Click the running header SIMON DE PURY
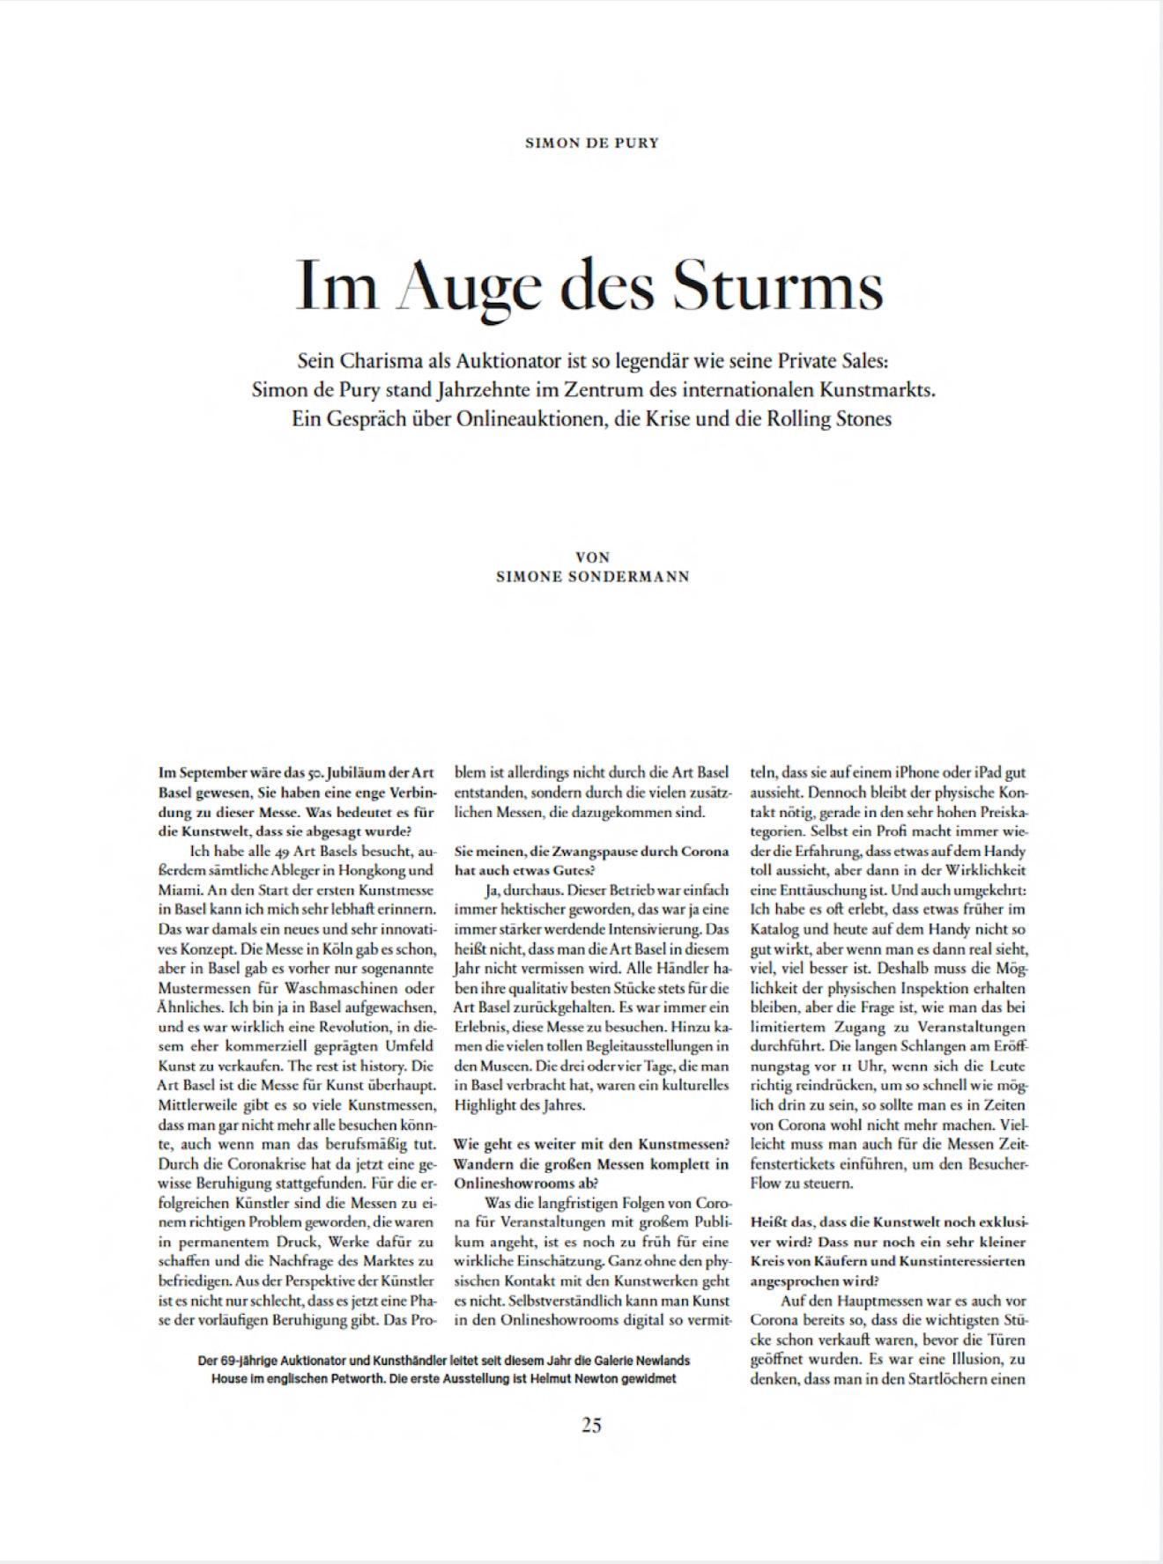pos(591,143)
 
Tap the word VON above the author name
pos(592,557)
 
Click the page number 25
pos(591,1424)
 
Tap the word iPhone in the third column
pos(894,772)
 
